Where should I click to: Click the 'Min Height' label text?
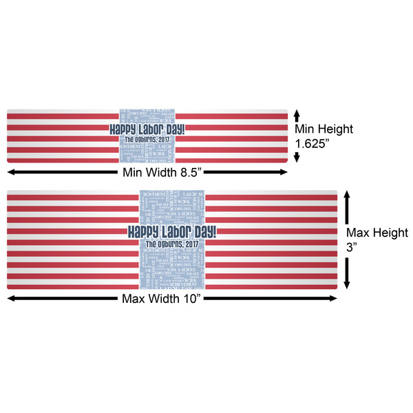click(x=324, y=129)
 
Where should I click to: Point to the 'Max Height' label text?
click(x=377, y=233)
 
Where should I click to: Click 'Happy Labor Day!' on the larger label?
click(x=171, y=232)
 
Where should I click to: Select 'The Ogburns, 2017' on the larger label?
click(x=171, y=244)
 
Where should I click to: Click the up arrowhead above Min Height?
click(x=297, y=112)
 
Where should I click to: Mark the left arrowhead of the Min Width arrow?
click(x=11, y=171)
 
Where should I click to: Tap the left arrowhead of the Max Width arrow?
click(x=11, y=298)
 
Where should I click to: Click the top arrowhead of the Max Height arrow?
click(x=347, y=195)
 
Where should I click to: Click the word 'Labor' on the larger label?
click(x=172, y=232)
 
